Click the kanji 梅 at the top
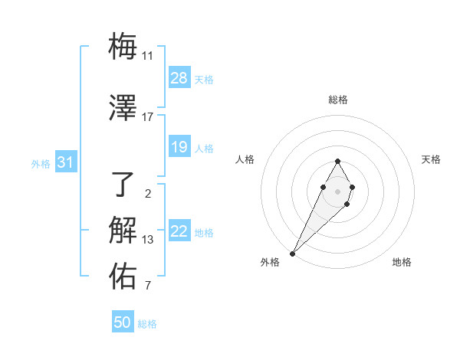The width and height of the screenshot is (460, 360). (123, 47)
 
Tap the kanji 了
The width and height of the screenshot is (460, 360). (123, 184)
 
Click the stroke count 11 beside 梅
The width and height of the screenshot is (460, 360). (148, 56)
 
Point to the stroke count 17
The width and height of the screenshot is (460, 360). (148, 117)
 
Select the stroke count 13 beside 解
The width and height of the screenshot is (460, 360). (148, 240)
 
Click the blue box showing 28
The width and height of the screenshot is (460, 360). (179, 78)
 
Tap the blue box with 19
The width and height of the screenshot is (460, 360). (179, 147)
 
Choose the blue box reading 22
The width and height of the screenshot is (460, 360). (179, 231)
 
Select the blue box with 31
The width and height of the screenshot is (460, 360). (66, 162)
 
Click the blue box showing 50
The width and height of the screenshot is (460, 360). (123, 322)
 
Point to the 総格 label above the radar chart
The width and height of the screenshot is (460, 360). (338, 100)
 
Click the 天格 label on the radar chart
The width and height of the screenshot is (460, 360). (431, 159)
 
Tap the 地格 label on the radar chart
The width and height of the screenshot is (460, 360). (402, 262)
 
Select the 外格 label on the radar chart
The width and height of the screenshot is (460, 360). (270, 262)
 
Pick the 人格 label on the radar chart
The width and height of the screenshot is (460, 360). (245, 159)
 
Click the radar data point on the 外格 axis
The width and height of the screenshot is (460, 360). (293, 253)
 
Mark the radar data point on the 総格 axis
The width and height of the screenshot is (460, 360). (338, 161)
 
